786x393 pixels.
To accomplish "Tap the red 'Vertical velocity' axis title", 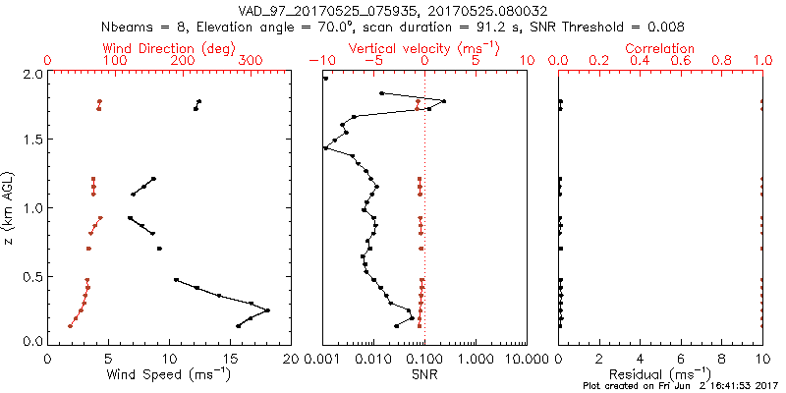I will pos(424,48).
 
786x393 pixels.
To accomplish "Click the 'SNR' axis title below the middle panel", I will pos(424,374).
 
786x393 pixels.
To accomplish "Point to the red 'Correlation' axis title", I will pos(661,48).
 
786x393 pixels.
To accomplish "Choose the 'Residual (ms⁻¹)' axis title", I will pos(660,374).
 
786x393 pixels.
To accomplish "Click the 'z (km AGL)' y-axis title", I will pos(9,208).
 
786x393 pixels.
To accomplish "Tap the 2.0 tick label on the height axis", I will pos(31,74).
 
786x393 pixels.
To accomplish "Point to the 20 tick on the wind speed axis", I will pos(291,358).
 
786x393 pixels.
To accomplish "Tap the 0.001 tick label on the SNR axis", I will pos(322,358).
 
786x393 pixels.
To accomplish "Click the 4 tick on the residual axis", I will pos(641,358).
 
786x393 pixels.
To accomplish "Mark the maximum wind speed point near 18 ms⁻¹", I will pos(267,310).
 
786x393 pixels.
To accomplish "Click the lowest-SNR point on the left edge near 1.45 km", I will pos(325,148).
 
